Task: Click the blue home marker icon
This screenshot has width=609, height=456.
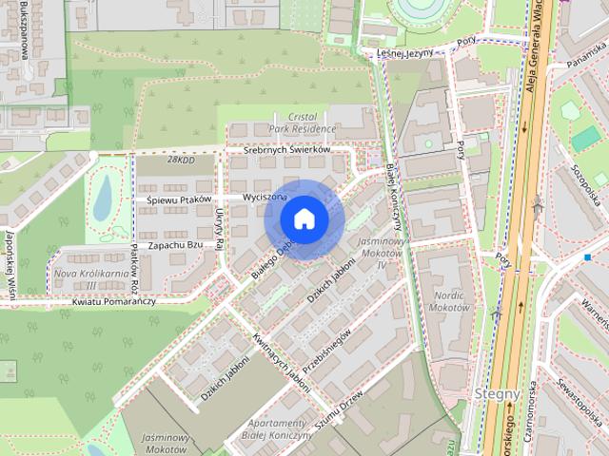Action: [x=304, y=218]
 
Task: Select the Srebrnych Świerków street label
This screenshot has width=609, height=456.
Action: [x=285, y=150]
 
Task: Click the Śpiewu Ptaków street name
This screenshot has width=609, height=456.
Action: [x=178, y=199]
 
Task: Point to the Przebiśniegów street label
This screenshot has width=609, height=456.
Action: [x=327, y=354]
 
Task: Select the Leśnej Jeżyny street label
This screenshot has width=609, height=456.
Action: [x=406, y=54]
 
